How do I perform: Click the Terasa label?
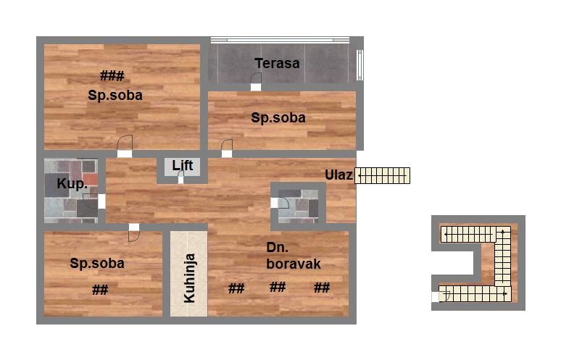(x=277, y=63)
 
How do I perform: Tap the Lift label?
(x=183, y=165)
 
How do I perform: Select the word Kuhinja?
(x=189, y=278)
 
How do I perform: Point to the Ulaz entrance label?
(x=338, y=175)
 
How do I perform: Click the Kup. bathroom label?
(x=72, y=183)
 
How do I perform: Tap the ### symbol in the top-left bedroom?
(x=112, y=76)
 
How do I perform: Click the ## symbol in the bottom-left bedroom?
(x=100, y=290)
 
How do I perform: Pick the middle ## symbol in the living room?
(x=278, y=287)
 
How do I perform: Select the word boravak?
(x=294, y=264)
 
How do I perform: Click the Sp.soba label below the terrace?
(x=278, y=117)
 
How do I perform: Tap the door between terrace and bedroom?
(x=256, y=82)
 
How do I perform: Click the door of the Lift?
(x=180, y=177)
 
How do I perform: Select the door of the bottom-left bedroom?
(x=134, y=233)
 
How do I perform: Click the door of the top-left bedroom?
(x=125, y=146)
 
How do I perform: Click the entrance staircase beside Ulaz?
(x=383, y=175)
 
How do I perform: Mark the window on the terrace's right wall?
(x=360, y=65)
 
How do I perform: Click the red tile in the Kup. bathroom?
(x=90, y=179)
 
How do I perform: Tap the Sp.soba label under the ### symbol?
(x=115, y=95)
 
